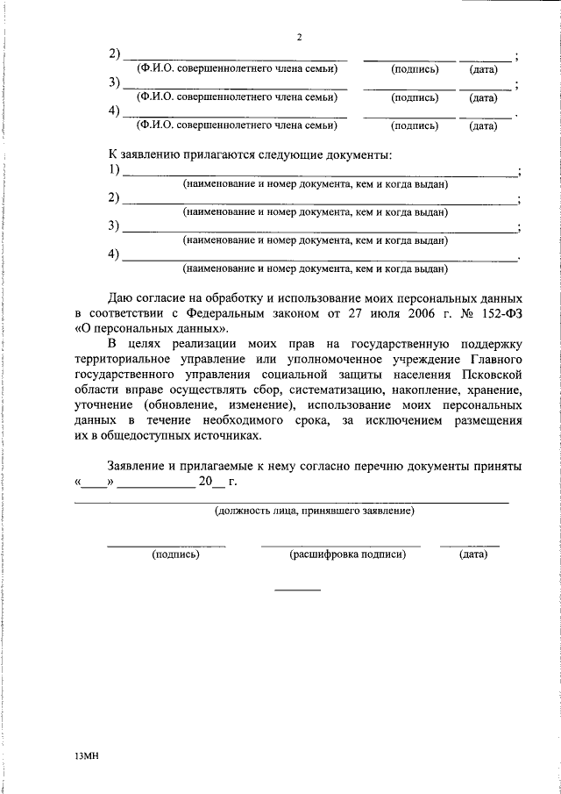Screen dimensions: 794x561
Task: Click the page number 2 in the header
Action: pos(299,38)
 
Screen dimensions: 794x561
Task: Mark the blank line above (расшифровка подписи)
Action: pos(340,546)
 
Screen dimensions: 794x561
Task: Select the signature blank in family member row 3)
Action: pos(409,88)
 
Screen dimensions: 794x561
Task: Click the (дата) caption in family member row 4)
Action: pos(483,125)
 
